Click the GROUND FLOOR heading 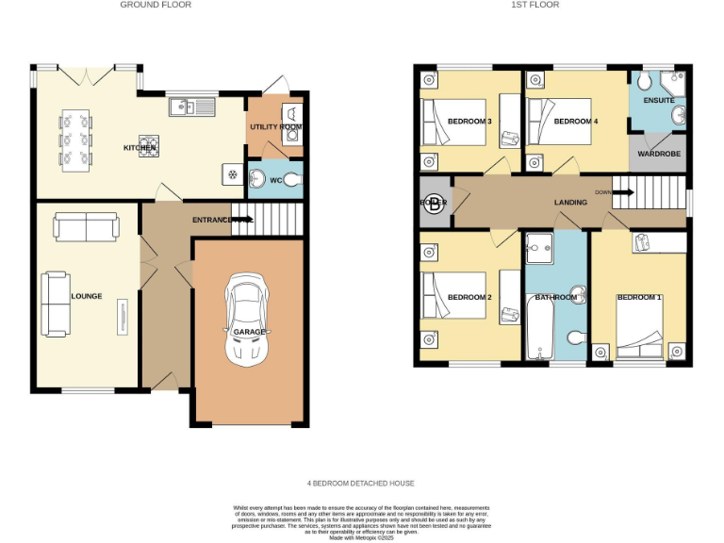pos(156,5)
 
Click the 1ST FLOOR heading pos(535,5)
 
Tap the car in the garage pos(246,321)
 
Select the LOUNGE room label pos(86,296)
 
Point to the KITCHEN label pos(139,148)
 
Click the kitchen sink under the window pos(192,107)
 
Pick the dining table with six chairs pos(77,141)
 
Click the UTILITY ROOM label pos(275,126)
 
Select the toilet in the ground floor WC pos(291,178)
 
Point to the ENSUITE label pos(659,100)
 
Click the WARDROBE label pos(659,153)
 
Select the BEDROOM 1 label pos(638,298)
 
